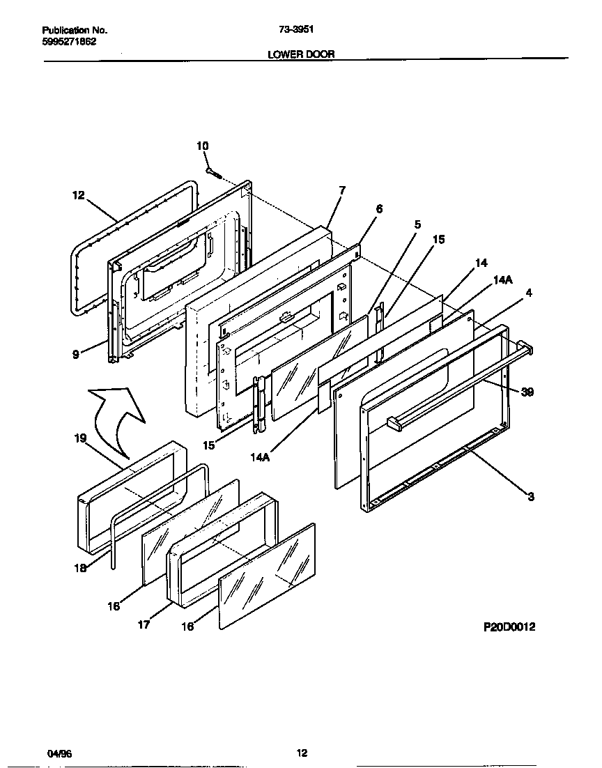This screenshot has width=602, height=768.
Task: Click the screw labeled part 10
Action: point(213,171)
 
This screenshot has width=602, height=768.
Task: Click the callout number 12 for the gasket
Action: point(77,196)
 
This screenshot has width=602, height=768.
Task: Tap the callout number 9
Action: point(75,353)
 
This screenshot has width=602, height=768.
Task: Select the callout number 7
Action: point(341,190)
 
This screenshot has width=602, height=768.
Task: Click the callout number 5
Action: point(417,224)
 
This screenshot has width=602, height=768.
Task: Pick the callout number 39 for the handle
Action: point(527,393)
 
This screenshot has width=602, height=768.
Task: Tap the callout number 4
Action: point(529,293)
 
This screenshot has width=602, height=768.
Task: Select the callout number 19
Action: point(79,438)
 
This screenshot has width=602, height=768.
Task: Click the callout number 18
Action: point(81,568)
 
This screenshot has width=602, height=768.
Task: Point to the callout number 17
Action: point(143,624)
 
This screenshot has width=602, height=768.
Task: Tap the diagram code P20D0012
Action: point(509,627)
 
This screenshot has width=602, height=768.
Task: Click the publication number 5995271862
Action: point(69,41)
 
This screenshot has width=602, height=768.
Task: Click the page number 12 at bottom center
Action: point(301,753)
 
